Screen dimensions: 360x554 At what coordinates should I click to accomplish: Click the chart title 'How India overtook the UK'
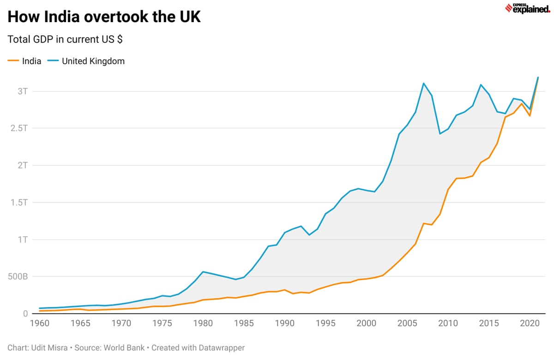click(104, 17)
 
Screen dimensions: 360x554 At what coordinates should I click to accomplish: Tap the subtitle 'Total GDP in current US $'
click(65, 39)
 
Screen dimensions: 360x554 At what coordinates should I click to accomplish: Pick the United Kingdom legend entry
click(87, 61)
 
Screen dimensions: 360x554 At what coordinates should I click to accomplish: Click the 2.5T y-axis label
click(18, 128)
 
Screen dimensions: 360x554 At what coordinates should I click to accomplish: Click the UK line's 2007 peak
click(423, 84)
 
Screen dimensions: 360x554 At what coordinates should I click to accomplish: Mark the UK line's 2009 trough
click(440, 134)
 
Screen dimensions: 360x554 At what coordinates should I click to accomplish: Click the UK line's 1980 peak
click(203, 271)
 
